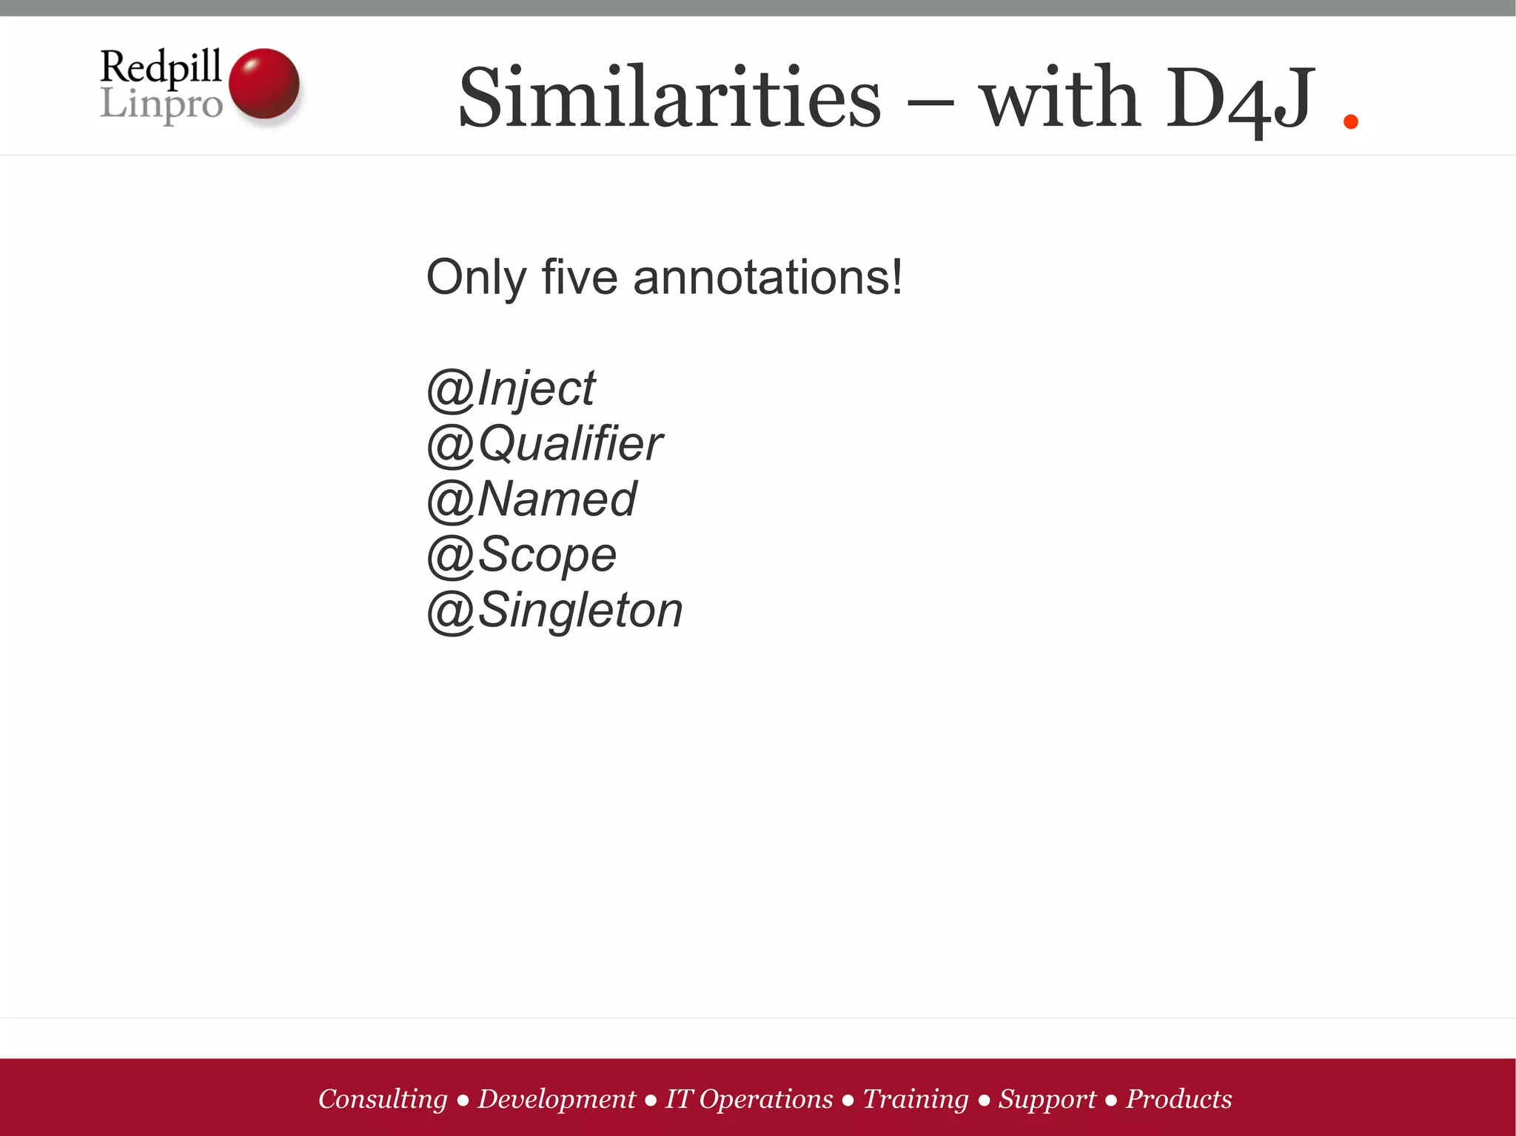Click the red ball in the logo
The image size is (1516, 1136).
264,83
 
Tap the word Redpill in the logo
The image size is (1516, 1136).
161,67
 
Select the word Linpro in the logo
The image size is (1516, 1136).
161,104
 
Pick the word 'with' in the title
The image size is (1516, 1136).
1059,98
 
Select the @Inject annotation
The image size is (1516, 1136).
511,388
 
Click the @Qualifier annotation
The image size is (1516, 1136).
545,444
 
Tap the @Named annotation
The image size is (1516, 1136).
531,499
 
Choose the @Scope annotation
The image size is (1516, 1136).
522,555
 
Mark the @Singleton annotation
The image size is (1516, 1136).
555,611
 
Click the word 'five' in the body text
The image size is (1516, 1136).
580,278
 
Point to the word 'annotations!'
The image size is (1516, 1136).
768,278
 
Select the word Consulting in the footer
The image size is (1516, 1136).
383,1099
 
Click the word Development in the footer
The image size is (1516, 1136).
557,1099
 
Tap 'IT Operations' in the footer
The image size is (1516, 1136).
749,1099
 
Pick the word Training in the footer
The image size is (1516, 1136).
916,1099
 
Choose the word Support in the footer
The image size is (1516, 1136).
1047,1099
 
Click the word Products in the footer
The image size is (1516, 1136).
1178,1099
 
